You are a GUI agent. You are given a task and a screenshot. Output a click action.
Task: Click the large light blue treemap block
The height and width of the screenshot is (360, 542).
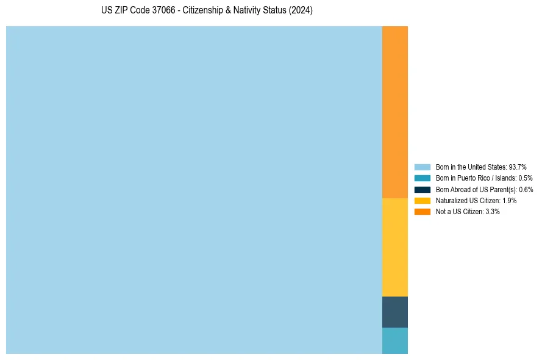194,190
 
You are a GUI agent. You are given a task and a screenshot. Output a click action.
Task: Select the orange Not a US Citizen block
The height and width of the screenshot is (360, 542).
394,112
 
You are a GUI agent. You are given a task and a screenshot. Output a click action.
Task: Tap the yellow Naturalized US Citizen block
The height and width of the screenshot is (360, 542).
394,247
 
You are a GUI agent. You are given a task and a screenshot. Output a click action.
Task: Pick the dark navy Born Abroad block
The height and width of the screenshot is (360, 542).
394,312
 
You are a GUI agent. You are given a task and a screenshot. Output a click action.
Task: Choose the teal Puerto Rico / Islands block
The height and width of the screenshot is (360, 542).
394,340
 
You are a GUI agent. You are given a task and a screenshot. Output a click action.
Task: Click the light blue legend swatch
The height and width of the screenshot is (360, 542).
423,167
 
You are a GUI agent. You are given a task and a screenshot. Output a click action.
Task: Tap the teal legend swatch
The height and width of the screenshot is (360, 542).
423,178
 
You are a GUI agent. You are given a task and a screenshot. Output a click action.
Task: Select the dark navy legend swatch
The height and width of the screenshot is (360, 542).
423,189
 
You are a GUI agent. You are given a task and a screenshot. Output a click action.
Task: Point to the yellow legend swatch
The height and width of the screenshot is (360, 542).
423,200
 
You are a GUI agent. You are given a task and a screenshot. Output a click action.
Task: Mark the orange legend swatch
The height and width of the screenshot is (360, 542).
423,211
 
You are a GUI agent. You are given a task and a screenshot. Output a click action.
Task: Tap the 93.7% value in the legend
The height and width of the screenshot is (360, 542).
518,167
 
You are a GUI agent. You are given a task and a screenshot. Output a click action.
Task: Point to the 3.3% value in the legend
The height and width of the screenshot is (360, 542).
493,211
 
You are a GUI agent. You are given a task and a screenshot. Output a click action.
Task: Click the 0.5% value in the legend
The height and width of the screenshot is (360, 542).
526,178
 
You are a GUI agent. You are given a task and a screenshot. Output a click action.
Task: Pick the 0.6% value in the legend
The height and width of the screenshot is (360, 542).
526,189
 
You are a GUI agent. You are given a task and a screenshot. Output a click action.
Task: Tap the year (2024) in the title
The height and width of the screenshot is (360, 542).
301,10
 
